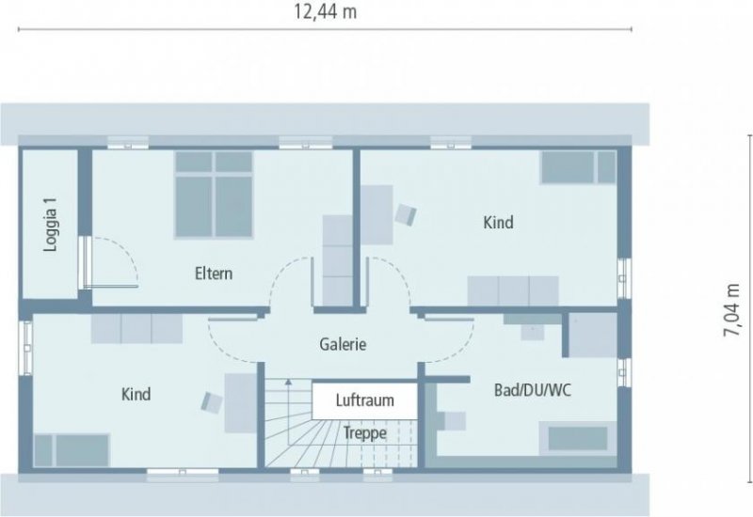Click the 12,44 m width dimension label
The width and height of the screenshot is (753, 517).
point(326,12)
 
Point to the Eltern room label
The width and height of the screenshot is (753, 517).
point(214,274)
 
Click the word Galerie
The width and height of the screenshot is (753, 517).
point(342,344)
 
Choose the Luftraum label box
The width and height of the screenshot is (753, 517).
point(364,399)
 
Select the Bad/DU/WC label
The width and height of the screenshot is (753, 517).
point(534,389)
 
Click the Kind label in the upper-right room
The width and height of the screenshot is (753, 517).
point(498,223)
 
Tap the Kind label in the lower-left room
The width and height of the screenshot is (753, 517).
point(136,394)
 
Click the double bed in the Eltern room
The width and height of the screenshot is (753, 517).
point(214,195)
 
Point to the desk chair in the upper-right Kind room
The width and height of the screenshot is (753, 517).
point(407,214)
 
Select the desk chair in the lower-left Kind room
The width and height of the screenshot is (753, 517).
point(211,401)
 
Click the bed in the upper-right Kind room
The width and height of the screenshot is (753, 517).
point(578,168)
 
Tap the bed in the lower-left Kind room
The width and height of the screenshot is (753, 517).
point(73,449)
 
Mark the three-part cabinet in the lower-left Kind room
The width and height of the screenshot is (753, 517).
point(137,329)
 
